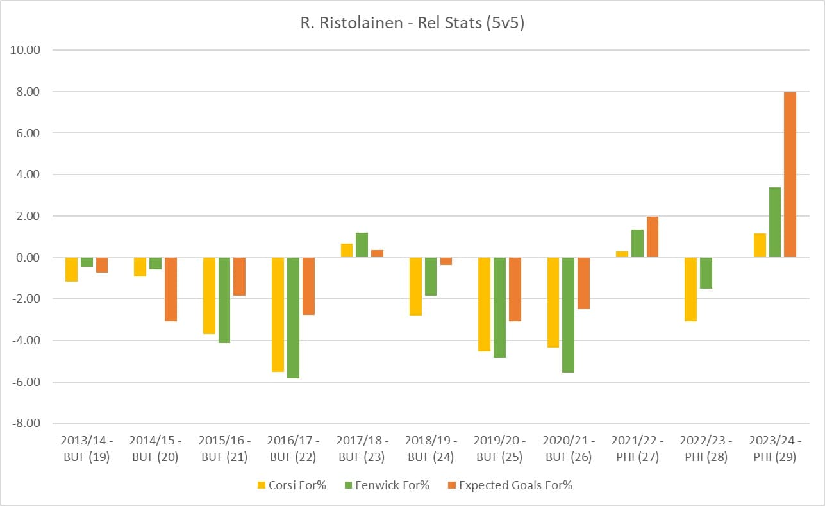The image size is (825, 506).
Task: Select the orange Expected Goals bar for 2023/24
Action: coord(790,174)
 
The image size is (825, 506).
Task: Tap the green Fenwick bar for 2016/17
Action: coord(293,317)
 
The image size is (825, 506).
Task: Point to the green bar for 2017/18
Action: coord(362,245)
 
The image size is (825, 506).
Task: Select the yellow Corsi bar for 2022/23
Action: coord(690,289)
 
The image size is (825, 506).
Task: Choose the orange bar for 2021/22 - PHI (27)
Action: coord(653,237)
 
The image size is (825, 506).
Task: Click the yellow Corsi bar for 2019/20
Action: coord(485,304)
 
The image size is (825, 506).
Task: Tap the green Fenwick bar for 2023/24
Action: coord(774,222)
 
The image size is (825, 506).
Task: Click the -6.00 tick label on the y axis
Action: coord(26,382)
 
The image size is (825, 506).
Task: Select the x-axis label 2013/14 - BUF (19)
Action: coord(86,449)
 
